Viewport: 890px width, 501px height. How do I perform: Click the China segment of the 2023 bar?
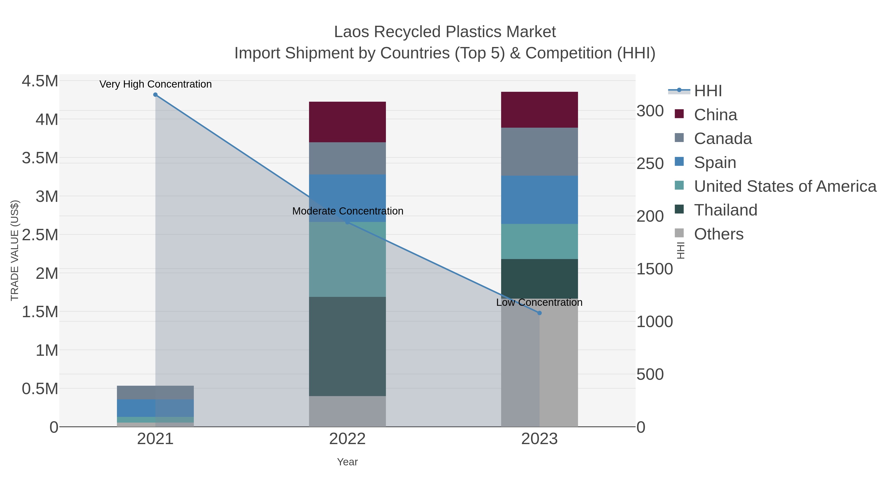(x=539, y=110)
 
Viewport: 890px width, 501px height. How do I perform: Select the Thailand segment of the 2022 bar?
(x=347, y=346)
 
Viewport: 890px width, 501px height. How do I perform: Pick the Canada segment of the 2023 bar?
(x=539, y=151)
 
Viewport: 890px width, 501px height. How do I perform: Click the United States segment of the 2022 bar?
(x=347, y=259)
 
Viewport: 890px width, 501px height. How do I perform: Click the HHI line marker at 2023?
(x=539, y=313)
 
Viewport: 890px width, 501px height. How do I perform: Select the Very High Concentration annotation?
(x=156, y=84)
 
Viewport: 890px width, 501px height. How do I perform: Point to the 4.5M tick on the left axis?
(x=40, y=81)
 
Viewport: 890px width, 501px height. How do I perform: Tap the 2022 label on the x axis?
(x=347, y=439)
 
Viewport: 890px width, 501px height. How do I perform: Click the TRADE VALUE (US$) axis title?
(x=15, y=250)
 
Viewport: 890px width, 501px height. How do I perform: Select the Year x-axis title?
(x=347, y=462)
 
